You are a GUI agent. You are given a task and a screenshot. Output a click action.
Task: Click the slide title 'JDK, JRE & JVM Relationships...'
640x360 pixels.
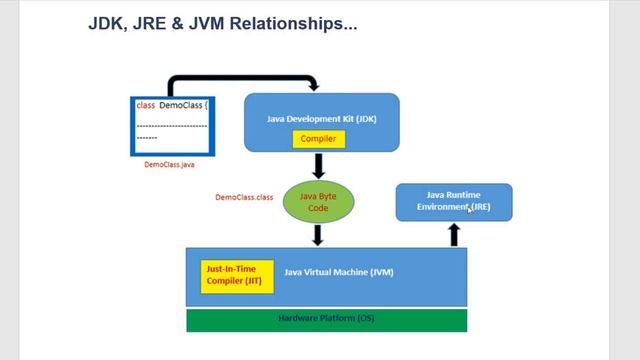click(x=222, y=23)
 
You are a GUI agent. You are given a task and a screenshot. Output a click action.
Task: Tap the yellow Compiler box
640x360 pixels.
click(x=318, y=139)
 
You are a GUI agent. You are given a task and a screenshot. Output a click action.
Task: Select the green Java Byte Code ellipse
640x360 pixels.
click(x=318, y=202)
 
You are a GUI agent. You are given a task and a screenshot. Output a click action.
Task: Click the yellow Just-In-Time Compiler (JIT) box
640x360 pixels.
click(x=231, y=275)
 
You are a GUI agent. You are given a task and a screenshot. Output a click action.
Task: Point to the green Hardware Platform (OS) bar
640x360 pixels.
click(x=326, y=319)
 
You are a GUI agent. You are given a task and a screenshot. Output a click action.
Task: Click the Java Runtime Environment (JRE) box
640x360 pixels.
click(x=454, y=201)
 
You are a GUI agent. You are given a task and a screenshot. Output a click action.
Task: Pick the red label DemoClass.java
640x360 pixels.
click(x=169, y=164)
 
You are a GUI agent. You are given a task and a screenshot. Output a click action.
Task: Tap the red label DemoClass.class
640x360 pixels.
click(x=244, y=197)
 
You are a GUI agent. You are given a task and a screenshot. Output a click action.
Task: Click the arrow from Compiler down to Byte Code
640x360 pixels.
click(x=318, y=165)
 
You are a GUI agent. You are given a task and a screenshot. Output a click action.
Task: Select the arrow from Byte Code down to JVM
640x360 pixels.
click(x=318, y=235)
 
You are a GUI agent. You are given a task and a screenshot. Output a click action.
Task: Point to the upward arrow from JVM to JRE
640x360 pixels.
click(x=453, y=234)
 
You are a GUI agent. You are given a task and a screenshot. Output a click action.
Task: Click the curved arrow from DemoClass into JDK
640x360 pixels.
click(x=240, y=78)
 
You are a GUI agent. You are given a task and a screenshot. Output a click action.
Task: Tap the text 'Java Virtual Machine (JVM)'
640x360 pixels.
click(x=340, y=272)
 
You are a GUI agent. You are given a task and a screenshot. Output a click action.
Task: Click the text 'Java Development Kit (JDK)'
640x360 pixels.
click(x=321, y=118)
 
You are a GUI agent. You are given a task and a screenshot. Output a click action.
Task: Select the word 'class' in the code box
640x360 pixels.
click(x=145, y=105)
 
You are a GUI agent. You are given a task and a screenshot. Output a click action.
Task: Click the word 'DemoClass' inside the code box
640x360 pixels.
click(x=180, y=105)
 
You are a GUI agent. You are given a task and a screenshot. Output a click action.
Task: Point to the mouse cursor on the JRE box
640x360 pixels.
click(x=469, y=209)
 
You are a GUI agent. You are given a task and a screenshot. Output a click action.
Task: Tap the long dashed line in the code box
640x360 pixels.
click(x=171, y=125)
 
